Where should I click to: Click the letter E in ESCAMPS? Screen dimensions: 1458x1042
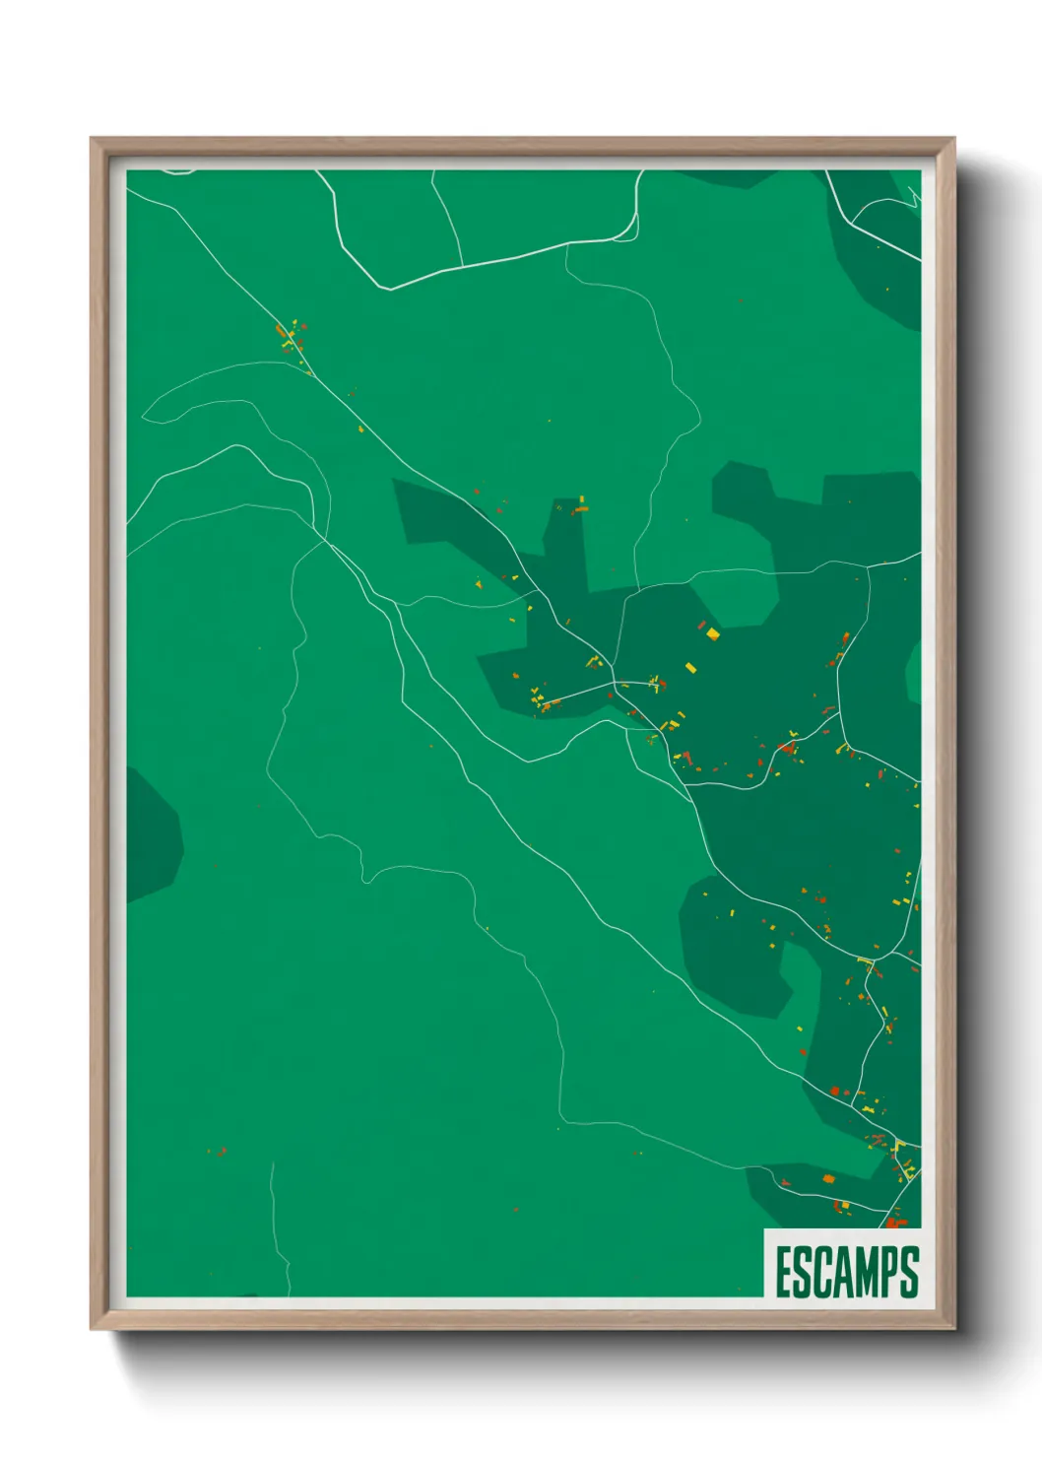pyautogui.click(x=785, y=1272)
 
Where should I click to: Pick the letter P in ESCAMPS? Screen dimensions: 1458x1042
pyautogui.click(x=896, y=1272)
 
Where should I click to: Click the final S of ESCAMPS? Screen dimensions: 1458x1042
pyautogui.click(x=912, y=1272)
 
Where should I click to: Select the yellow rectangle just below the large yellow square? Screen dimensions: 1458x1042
pyautogui.click(x=691, y=668)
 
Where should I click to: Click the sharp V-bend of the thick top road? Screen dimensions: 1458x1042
pyautogui.click(x=391, y=289)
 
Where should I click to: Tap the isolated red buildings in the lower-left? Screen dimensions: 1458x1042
pyautogui.click(x=219, y=1151)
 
